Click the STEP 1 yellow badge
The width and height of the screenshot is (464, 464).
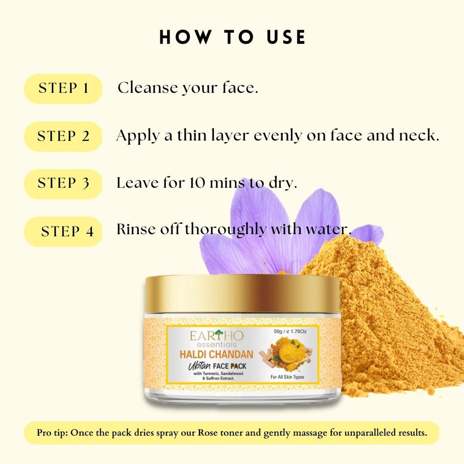tap(63, 89)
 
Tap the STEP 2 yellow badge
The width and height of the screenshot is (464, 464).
tap(63, 136)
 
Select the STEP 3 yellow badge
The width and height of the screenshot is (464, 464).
tap(63, 184)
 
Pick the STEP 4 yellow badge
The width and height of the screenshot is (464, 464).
tap(63, 232)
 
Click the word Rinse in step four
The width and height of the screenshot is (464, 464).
tap(135, 229)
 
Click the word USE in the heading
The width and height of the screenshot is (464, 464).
tap(286, 37)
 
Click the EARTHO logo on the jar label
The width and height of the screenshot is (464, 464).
tap(217, 338)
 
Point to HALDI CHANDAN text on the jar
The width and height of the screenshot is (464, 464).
tap(217, 354)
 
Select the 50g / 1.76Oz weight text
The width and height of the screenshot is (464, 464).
tap(290, 331)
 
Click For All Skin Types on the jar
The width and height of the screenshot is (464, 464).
tap(287, 377)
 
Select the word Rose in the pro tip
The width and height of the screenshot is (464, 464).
tap(208, 433)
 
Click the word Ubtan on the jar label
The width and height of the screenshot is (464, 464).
tap(199, 367)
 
